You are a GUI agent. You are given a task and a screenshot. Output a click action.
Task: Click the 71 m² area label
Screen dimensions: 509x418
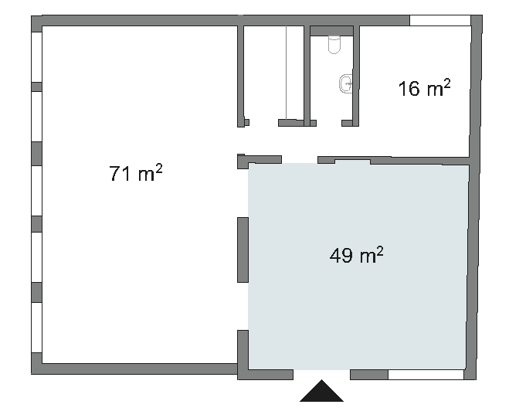tap(136, 173)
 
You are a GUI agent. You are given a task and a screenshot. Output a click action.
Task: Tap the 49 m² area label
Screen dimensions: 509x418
tap(356, 255)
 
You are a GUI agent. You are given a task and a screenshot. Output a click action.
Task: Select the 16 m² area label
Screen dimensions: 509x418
tap(424, 87)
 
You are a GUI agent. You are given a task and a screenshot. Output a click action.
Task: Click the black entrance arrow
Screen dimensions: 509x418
tap(321, 391)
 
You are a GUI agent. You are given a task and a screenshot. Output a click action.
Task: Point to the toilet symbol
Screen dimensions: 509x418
tap(334, 45)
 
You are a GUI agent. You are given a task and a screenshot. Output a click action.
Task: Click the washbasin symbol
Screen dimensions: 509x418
tap(346, 83)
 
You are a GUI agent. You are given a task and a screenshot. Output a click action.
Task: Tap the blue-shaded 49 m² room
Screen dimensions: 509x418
tap(358, 267)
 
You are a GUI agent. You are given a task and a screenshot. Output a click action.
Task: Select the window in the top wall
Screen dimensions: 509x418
tap(440, 20)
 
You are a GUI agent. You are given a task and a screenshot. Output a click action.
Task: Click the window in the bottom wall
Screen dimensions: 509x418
tap(426, 375)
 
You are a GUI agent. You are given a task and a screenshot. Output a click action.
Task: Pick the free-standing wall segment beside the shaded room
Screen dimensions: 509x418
tap(243, 250)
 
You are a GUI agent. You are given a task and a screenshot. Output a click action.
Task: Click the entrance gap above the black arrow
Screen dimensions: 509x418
tap(321, 375)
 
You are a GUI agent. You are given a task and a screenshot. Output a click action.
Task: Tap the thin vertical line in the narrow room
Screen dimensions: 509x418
tap(286, 73)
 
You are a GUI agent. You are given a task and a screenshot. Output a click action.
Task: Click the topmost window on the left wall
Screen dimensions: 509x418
tap(36, 57)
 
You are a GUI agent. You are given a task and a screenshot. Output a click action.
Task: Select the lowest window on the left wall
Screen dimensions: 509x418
tap(36, 328)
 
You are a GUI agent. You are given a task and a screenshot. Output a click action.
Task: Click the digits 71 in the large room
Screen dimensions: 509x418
tap(120, 173)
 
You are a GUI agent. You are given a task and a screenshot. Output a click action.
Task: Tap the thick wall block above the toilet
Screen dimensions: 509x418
tap(331, 31)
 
